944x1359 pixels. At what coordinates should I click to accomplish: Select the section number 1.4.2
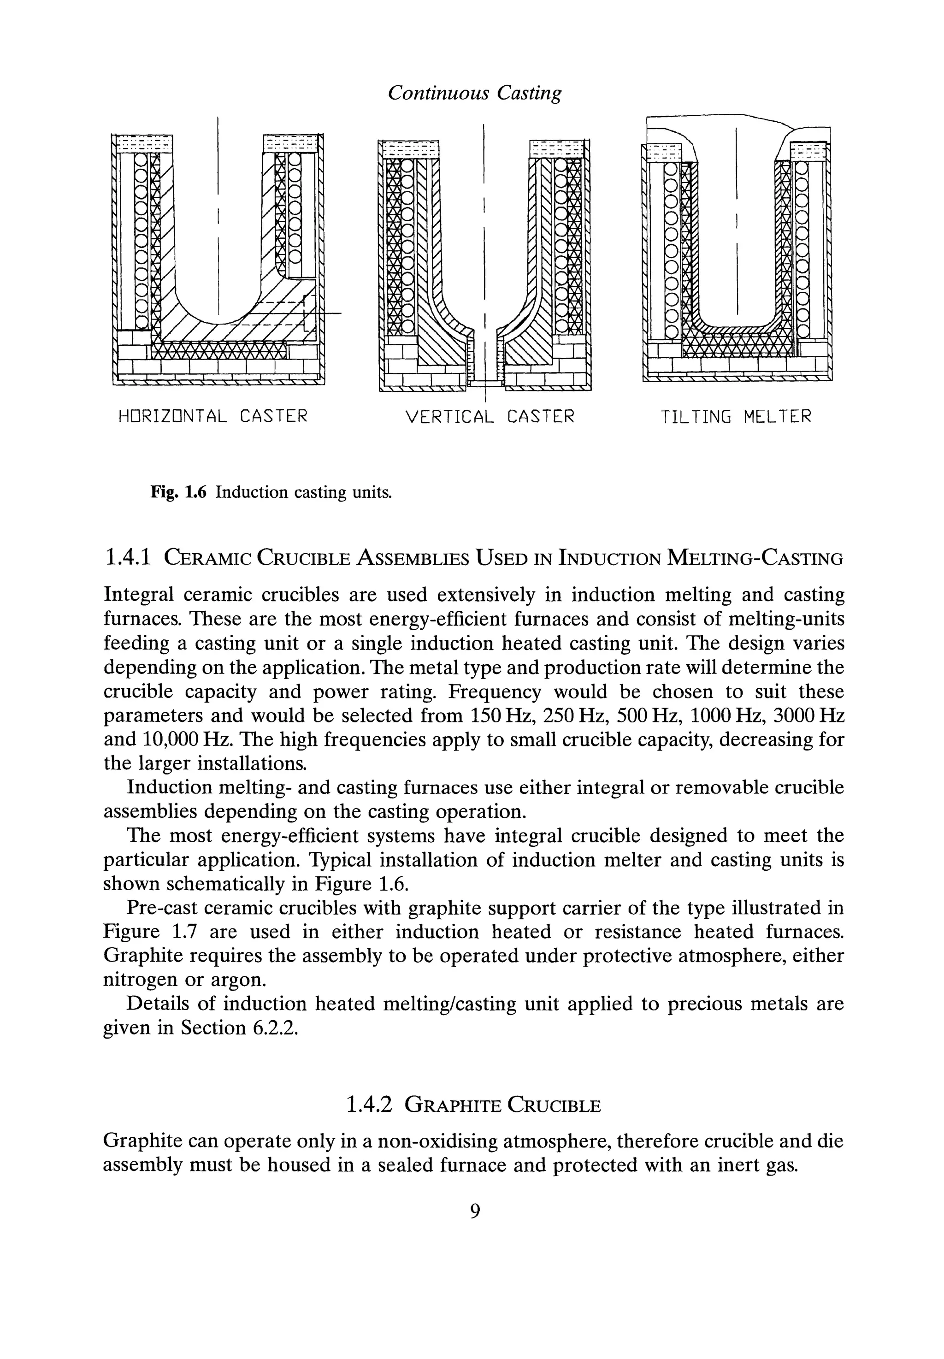point(368,1105)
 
